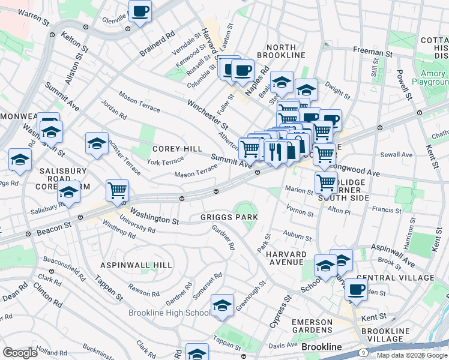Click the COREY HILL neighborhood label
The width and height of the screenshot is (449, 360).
point(176,149)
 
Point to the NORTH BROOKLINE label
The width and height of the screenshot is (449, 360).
point(277,51)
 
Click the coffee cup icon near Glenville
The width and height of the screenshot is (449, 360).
point(140,11)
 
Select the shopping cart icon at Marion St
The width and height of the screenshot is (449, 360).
point(326,181)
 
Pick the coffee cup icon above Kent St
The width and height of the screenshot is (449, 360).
point(356,289)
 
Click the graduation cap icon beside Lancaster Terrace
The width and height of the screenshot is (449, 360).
point(97,143)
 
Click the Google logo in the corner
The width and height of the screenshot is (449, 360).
point(20,352)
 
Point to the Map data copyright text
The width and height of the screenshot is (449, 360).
point(412,355)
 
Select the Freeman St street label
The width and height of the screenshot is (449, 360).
point(372,53)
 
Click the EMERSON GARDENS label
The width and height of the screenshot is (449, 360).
point(312,326)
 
